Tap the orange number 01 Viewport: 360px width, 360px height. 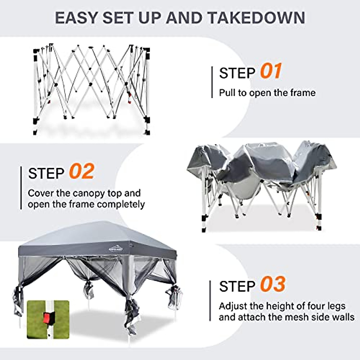click(271, 71)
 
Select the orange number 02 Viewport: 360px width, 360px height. click(81, 172)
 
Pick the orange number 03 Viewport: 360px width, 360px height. click(272, 284)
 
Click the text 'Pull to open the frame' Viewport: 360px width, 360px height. click(267, 93)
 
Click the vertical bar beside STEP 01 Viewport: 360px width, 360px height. click(212, 82)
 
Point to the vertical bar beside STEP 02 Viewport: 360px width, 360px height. click(21, 188)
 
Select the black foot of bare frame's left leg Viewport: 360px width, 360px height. click(36, 121)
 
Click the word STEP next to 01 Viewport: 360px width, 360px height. click(237, 73)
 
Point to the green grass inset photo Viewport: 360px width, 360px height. click(48, 319)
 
